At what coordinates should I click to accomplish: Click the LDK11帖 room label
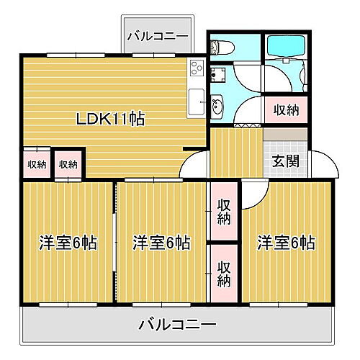[x=111, y=120]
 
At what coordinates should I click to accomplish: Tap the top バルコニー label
[x=158, y=35]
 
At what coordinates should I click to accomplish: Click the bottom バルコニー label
[x=177, y=325]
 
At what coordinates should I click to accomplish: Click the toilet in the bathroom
[x=222, y=47]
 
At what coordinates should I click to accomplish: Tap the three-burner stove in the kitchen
[x=197, y=70]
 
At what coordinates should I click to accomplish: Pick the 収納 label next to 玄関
[x=287, y=110]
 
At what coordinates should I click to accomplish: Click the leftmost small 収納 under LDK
[x=37, y=164]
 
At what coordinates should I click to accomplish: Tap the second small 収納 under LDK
[x=68, y=164]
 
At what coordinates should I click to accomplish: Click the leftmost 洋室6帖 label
[x=68, y=243]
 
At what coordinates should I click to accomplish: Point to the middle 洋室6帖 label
[x=161, y=243]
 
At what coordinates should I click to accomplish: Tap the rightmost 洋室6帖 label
[x=286, y=243]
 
